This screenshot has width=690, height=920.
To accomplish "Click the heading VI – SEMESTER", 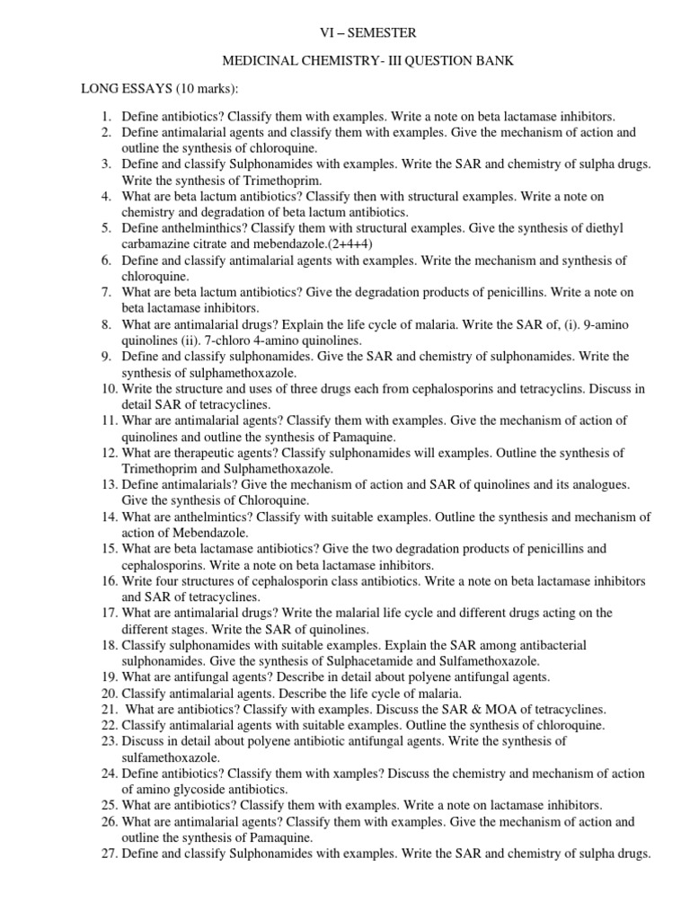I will (368, 33).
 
